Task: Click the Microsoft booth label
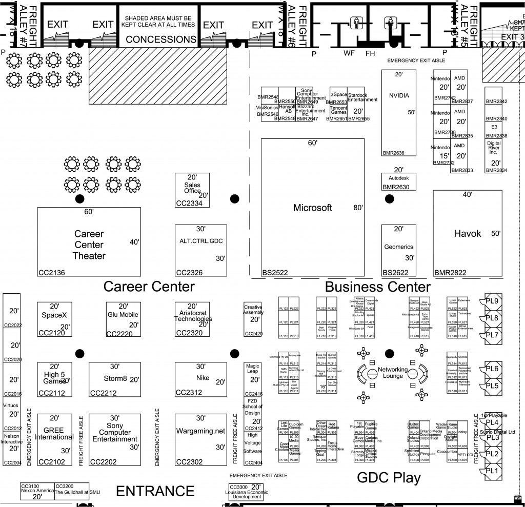click(x=313, y=208)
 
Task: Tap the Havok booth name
click(x=468, y=233)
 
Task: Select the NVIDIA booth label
click(x=399, y=95)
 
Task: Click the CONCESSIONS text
click(x=161, y=39)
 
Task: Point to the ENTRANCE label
click(x=155, y=491)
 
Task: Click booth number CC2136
click(x=51, y=273)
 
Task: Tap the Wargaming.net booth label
click(x=200, y=431)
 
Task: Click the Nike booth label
click(x=202, y=378)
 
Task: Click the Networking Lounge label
click(x=393, y=373)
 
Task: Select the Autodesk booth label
click(x=399, y=177)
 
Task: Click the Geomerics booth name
click(x=398, y=247)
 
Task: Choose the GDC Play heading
click(x=389, y=478)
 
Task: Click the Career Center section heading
click(x=149, y=286)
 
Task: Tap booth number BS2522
click(x=275, y=273)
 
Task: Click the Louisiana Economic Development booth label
click(x=247, y=494)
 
